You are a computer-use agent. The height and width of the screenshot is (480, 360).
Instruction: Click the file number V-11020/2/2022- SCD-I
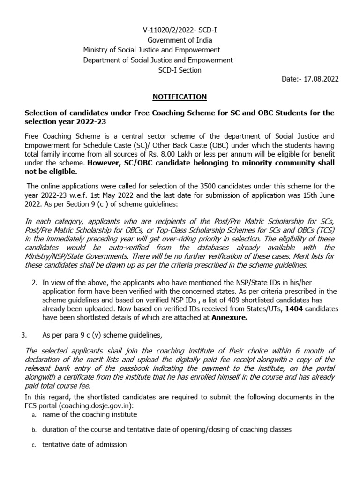[180, 30]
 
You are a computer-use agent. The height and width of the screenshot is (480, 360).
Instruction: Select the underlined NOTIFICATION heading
[180, 97]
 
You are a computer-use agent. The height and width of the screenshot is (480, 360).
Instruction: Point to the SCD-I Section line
[180, 70]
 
